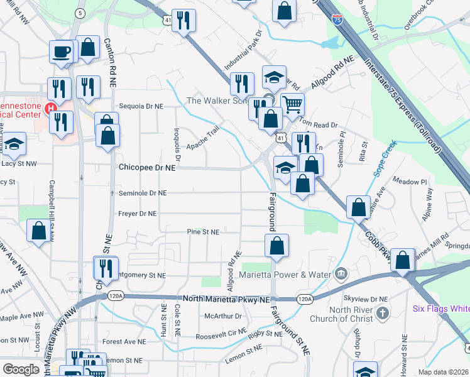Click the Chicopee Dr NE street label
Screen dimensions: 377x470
coord(147,168)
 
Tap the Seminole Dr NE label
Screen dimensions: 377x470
coord(143,193)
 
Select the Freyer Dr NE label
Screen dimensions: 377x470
coord(137,214)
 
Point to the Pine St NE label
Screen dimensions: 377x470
coord(203,232)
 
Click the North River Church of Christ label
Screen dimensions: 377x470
coord(342,314)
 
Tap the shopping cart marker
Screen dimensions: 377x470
coord(292,105)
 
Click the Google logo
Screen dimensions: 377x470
coord(21,369)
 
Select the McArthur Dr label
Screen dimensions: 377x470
coord(219,316)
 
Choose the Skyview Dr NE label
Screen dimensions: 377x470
coord(367,299)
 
